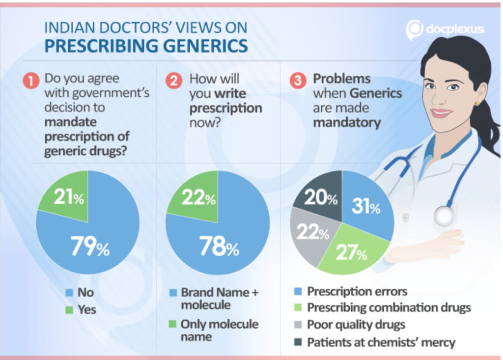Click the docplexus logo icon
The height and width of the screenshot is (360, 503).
pyautogui.click(x=414, y=30)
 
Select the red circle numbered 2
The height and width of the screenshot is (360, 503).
pyautogui.click(x=173, y=81)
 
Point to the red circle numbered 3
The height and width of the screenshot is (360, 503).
pyautogui.click(x=297, y=81)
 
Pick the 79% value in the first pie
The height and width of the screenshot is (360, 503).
pyautogui.click(x=90, y=247)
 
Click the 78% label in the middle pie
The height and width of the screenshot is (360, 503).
pyautogui.click(x=219, y=247)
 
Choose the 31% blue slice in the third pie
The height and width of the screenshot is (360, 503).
pyautogui.click(x=365, y=207)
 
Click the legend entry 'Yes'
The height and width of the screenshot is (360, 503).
pyautogui.click(x=86, y=310)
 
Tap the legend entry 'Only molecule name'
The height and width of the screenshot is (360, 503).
pyautogui.click(x=219, y=330)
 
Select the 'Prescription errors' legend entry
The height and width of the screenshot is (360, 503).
pyautogui.click(x=357, y=291)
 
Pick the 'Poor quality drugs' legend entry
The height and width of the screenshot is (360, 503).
pyautogui.click(x=356, y=325)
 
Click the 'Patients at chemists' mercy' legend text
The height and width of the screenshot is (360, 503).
pyautogui.click(x=381, y=342)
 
